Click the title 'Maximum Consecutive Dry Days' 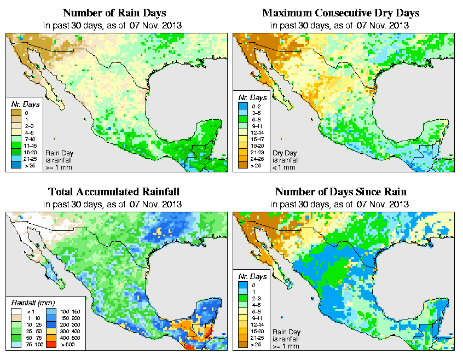point(341,13)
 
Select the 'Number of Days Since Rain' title point(341,192)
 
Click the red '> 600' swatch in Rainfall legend point(48,344)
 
